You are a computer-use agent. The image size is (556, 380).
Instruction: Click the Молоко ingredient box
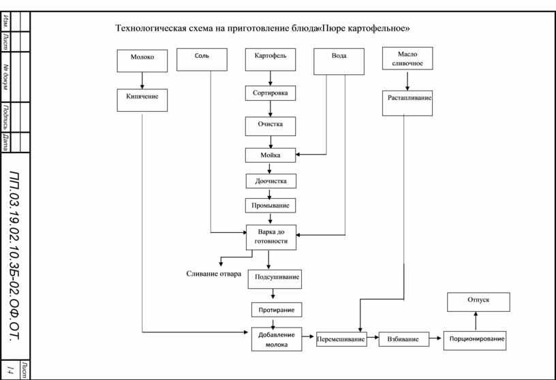pos(142,61)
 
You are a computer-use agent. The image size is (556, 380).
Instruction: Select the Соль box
pos(202,59)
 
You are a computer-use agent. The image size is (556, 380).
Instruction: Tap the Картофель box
pos(271,59)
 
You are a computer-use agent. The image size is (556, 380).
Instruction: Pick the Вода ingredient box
pos(339,62)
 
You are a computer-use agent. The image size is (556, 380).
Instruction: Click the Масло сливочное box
pos(407,59)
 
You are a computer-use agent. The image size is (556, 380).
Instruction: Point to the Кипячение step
pos(142,100)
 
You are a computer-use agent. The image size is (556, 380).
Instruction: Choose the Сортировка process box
pos(271,93)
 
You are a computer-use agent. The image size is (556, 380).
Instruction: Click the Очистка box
pos(271,126)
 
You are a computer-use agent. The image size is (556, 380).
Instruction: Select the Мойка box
pos(271,155)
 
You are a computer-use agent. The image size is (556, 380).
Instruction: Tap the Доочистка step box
pos(271,181)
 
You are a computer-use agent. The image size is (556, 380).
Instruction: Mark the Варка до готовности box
pos(271,237)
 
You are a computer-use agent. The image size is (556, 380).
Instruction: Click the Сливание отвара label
pos(214,274)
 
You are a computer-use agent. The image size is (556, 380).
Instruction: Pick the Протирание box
pos(277,310)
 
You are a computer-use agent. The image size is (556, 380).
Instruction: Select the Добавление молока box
pos(277,339)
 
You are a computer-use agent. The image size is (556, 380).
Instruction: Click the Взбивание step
pos(404,339)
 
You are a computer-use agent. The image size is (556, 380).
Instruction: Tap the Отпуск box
pos(478,302)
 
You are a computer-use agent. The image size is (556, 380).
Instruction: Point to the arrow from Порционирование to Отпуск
pos(476,321)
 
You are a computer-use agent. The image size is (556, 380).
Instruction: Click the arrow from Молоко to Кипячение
pos(142,80)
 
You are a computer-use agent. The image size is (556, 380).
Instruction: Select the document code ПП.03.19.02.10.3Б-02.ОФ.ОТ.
pos(14,256)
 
